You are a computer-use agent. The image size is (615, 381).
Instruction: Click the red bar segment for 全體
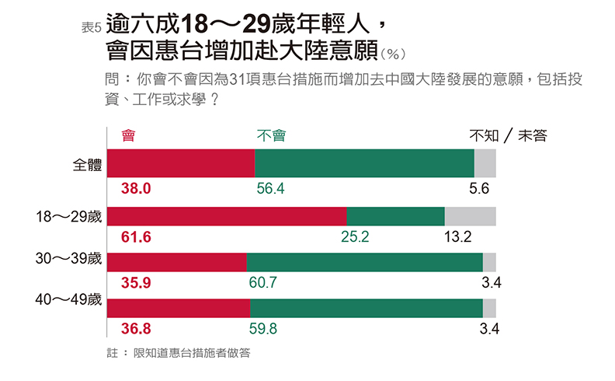tap(181, 163)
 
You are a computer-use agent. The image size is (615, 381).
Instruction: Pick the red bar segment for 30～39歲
tap(176, 262)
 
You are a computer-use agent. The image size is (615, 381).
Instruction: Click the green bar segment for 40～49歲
tap(366, 308)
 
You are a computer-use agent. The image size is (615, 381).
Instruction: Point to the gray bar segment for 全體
tap(485, 163)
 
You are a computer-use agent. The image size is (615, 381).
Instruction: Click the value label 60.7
tap(263, 282)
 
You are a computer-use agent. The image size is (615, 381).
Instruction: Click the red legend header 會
tap(129, 136)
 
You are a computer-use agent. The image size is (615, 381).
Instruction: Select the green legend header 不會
tap(271, 136)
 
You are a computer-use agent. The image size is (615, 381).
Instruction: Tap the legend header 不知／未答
tap(508, 136)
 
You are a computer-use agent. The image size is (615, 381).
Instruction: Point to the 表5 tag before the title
tap(92, 28)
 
